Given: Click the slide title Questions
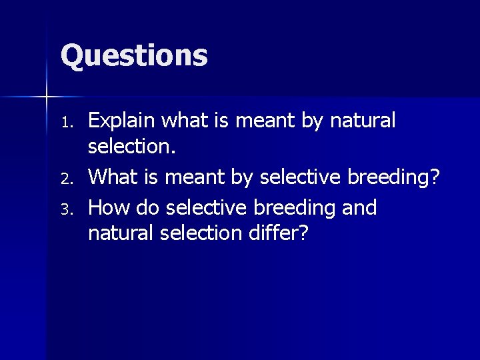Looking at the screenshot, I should coord(134,55).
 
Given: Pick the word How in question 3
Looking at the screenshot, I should coord(108,208).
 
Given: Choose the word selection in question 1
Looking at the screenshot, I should coord(131,148).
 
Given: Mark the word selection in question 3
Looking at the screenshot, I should coord(201,233).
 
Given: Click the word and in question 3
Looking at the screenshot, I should coord(359,207).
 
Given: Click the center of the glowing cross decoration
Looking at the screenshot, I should coord(47,97).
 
